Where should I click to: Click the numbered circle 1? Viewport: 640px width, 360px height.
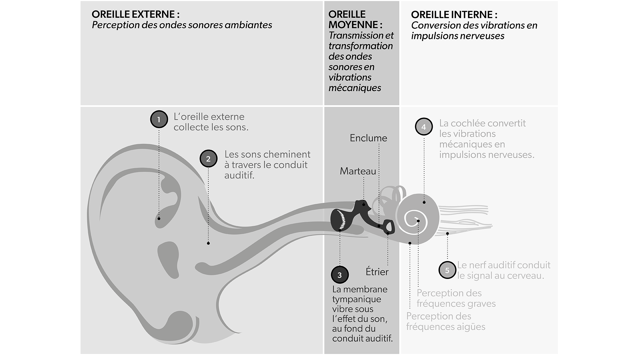(x=159, y=119)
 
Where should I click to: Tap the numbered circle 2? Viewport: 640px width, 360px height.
(x=208, y=159)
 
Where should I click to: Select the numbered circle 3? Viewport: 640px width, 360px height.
(x=340, y=275)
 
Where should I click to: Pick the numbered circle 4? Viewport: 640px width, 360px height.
(x=424, y=127)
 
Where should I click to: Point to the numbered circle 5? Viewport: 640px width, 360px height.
(x=447, y=270)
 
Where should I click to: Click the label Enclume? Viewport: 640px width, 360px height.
(x=368, y=138)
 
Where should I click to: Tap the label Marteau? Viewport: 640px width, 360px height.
(x=358, y=171)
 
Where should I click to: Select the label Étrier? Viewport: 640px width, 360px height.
(x=377, y=272)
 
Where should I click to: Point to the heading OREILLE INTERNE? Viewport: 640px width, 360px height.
(x=454, y=15)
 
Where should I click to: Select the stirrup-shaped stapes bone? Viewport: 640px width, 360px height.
(x=389, y=227)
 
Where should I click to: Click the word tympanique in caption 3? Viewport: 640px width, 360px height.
(x=352, y=299)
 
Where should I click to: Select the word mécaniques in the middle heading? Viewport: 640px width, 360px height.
(x=355, y=88)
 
